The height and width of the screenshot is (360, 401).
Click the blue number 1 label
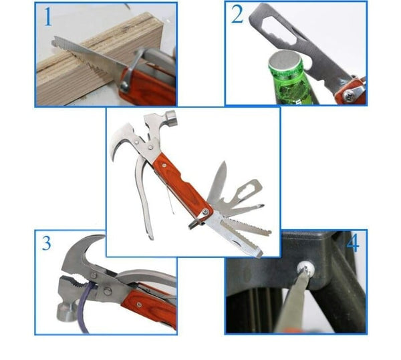coord(48,17)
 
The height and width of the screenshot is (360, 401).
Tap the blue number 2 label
coord(237,14)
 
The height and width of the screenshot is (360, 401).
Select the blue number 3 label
coord(46,243)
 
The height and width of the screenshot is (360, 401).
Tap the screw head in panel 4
coord(305,268)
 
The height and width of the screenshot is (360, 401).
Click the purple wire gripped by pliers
coord(86,307)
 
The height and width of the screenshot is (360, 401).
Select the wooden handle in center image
coord(183,185)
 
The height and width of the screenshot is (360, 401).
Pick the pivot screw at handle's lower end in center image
coord(205,212)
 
